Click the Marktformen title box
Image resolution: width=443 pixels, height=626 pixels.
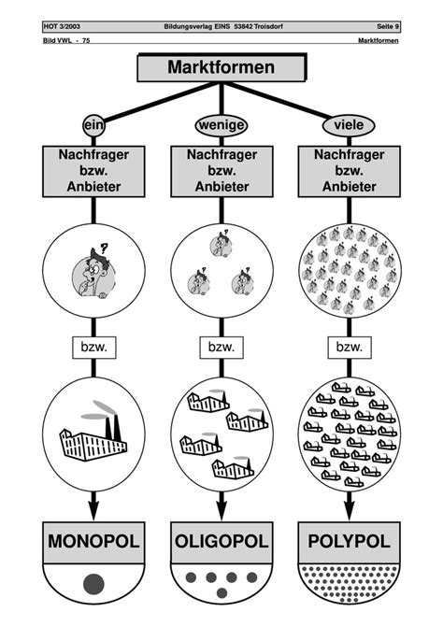tap(221, 67)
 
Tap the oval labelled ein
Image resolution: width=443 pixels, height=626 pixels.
tap(93, 125)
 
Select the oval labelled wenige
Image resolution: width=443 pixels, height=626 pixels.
tap(221, 125)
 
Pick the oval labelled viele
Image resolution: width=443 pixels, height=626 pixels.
tap(349, 125)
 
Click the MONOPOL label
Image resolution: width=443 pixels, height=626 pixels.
tap(93, 542)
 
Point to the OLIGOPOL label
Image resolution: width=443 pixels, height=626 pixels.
tap(221, 542)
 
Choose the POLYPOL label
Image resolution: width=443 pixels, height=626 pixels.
tap(350, 542)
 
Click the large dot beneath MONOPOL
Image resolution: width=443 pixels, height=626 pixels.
tap(93, 585)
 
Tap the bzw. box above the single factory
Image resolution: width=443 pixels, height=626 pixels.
tap(93, 348)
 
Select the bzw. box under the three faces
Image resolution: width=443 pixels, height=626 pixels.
tap(221, 348)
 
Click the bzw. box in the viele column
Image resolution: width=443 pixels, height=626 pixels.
tap(350, 348)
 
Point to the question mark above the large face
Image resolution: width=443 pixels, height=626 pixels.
tap(105, 249)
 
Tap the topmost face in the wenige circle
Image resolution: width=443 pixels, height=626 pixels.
tap(221, 244)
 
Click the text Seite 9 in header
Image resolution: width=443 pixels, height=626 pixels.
tap(388, 27)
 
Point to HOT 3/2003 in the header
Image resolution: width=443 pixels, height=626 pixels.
tap(62, 27)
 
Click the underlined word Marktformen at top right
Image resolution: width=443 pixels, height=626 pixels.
tap(379, 40)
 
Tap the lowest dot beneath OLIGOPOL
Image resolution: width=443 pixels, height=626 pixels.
tap(221, 593)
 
